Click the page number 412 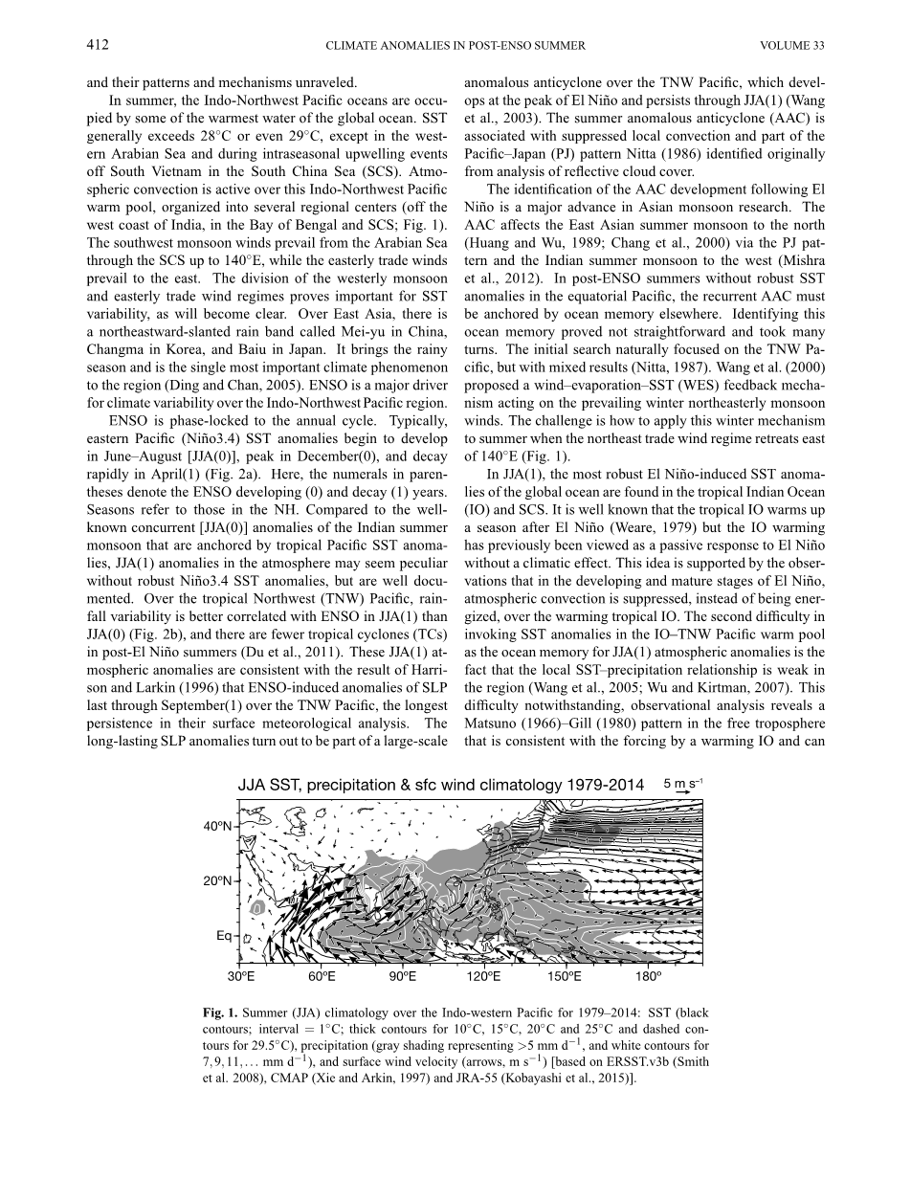pyautogui.click(x=97, y=45)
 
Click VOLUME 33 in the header pyautogui.click(x=792, y=45)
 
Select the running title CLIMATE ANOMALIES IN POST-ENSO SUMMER pyautogui.click(x=455, y=45)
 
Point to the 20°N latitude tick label pyautogui.click(x=218, y=880)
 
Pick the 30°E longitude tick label pyautogui.click(x=241, y=977)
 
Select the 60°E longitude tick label pyautogui.click(x=322, y=977)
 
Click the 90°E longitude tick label pyautogui.click(x=403, y=977)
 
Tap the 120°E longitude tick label pyautogui.click(x=483, y=977)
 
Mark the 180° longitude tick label pyautogui.click(x=648, y=977)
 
